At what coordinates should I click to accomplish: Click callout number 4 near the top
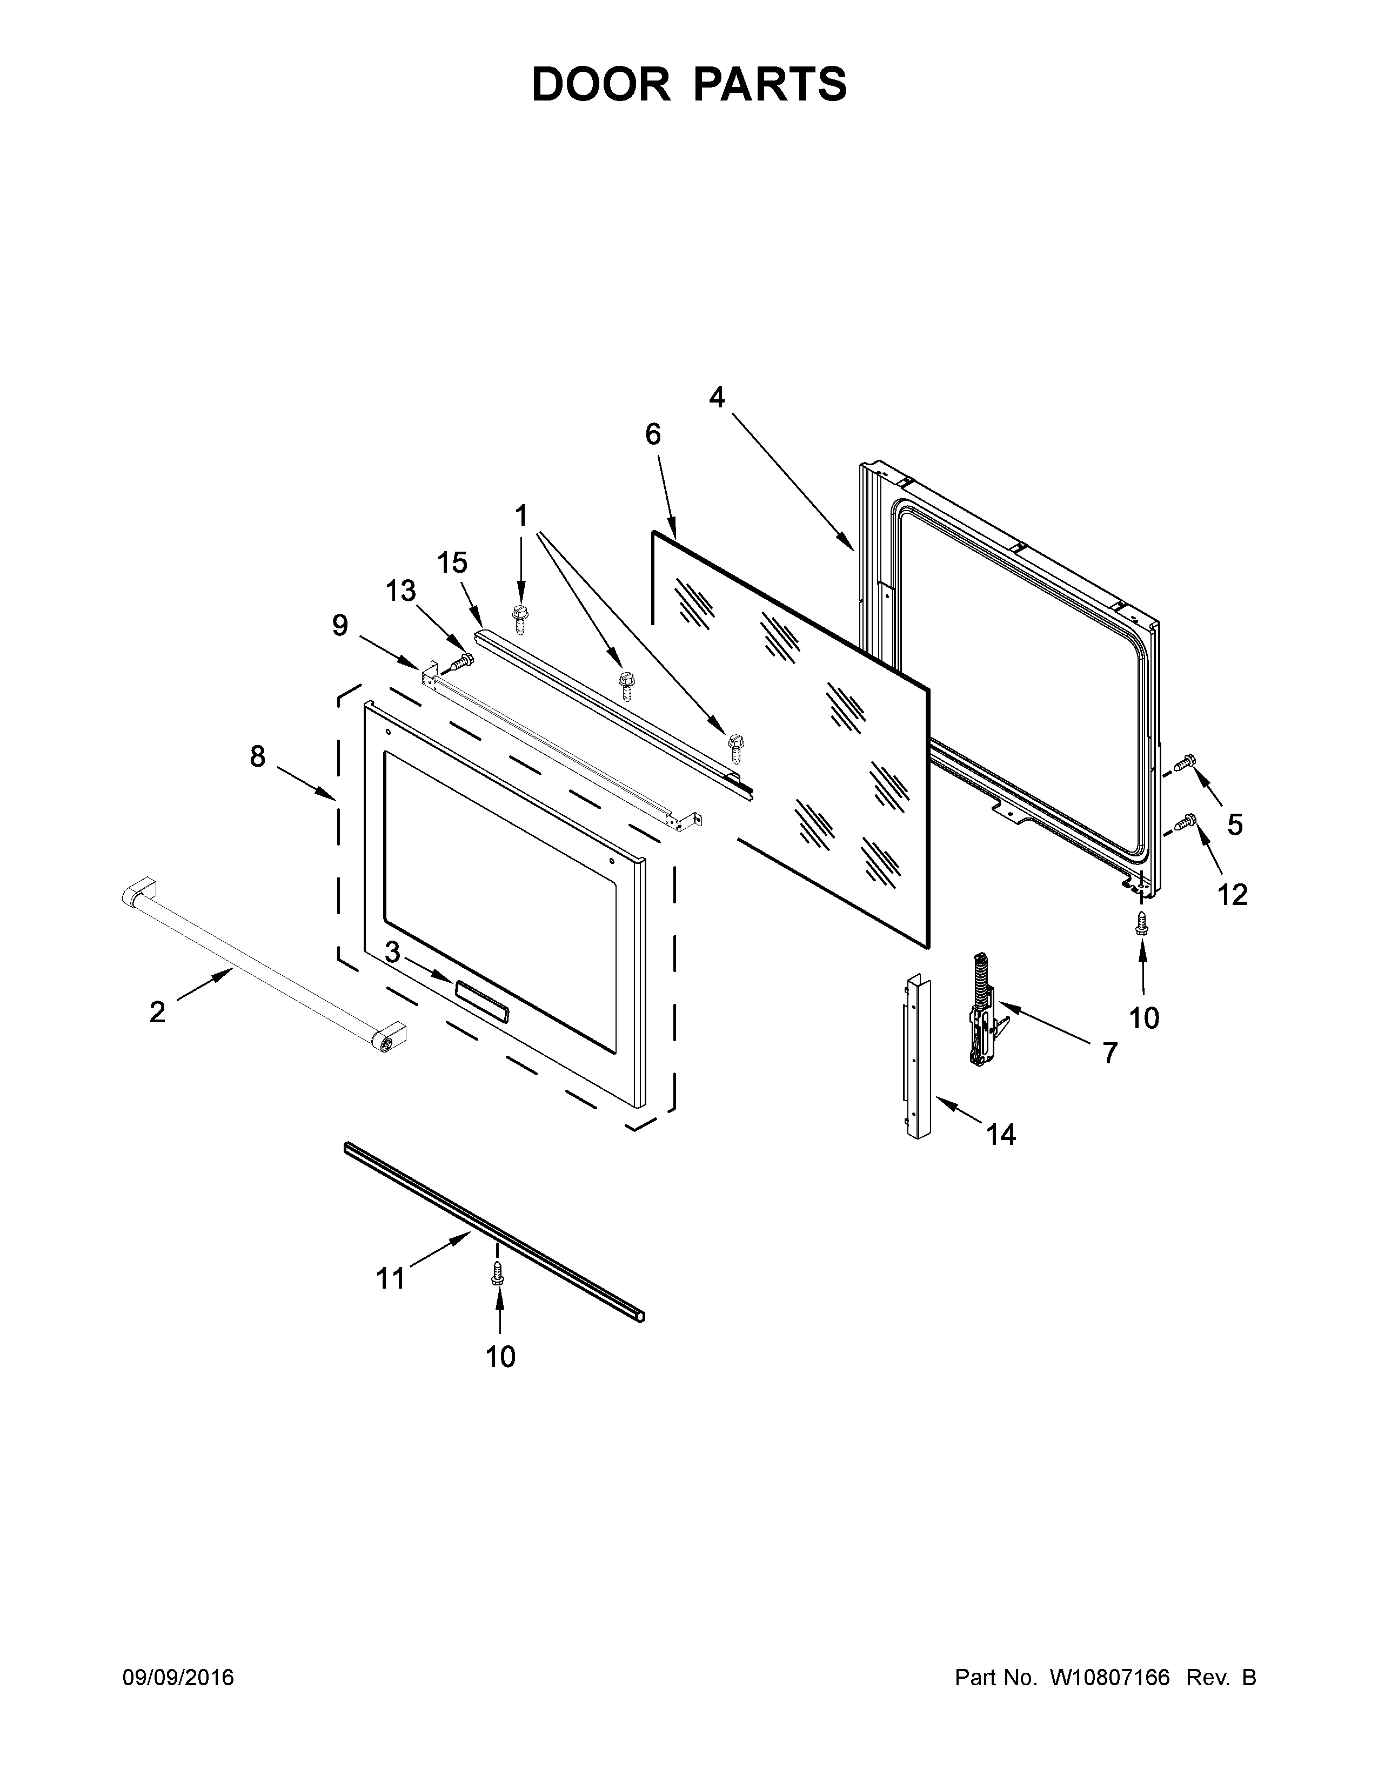click(x=717, y=398)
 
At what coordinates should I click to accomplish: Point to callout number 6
click(x=653, y=434)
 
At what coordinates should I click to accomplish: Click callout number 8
click(x=258, y=757)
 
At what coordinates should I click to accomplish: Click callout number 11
click(x=390, y=1278)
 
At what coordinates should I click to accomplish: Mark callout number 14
click(x=1001, y=1134)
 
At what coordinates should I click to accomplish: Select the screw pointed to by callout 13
click(x=463, y=660)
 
